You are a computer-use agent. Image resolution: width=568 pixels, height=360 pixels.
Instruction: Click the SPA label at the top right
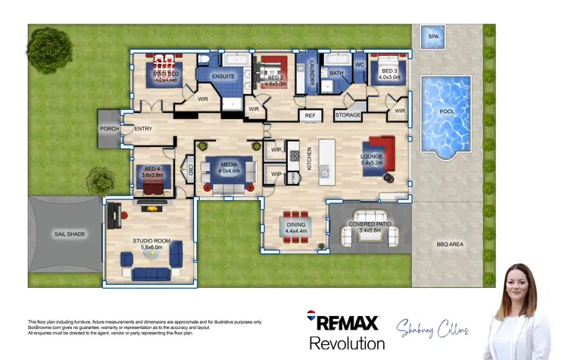(433, 36)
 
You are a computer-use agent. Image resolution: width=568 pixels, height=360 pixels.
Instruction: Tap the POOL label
(448, 111)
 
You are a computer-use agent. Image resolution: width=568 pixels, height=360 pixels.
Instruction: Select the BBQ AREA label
(450, 244)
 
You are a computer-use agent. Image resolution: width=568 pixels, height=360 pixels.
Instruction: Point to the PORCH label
(109, 129)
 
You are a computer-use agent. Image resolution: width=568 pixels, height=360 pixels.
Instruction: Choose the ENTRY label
(143, 129)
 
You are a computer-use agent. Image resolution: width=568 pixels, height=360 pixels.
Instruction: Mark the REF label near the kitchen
(310, 115)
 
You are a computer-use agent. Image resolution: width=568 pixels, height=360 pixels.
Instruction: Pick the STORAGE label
(348, 115)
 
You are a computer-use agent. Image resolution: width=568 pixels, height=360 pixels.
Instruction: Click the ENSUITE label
(223, 77)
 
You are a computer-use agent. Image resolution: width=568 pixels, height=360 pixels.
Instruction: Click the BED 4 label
(153, 170)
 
